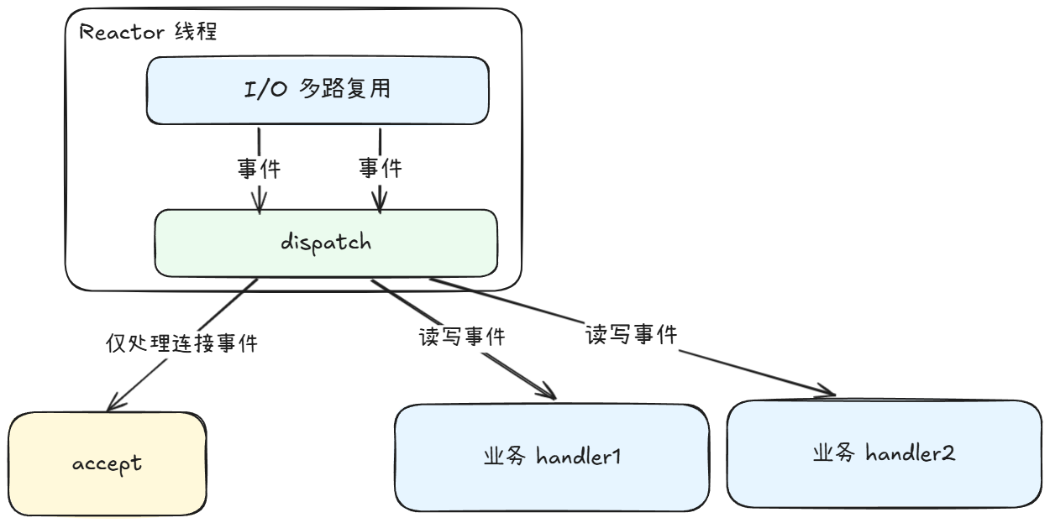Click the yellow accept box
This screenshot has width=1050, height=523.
[107, 463]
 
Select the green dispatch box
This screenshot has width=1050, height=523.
[326, 243]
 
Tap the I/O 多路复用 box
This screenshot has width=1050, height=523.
[318, 89]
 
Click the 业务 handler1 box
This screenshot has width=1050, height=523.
[552, 458]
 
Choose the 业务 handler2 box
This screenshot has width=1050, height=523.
[884, 454]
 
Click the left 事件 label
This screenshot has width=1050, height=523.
[259, 169]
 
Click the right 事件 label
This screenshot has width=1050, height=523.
[380, 169]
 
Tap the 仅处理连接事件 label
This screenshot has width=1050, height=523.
[181, 343]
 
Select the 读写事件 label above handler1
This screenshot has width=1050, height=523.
[462, 337]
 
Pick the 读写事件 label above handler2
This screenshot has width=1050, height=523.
[632, 335]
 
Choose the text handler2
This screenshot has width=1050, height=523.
[911, 454]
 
